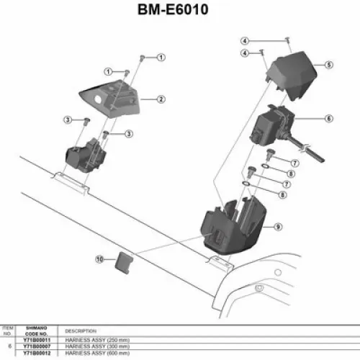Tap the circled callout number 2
(x=161, y=99)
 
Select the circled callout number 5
(x=328, y=65)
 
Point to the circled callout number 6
(x=328, y=119)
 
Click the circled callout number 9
(x=277, y=227)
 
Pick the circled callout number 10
(x=100, y=257)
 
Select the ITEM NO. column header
(x=8, y=330)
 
